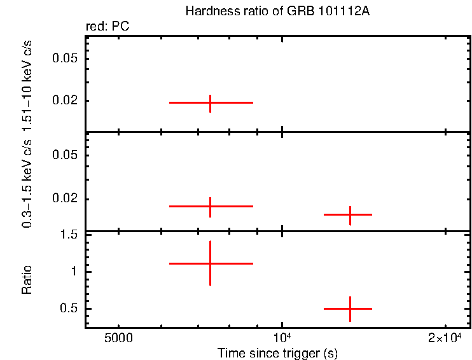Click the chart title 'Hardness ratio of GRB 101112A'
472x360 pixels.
tap(277, 12)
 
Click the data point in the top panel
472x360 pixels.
tap(210, 102)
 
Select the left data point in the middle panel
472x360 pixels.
tap(210, 207)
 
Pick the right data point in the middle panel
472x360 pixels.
tap(350, 215)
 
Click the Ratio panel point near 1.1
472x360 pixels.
tap(210, 263)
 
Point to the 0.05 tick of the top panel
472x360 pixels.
tap(67, 59)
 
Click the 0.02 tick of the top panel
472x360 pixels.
tap(67, 100)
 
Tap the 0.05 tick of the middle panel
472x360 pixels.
tap(67, 155)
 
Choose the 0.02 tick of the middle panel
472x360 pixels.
tap(67, 198)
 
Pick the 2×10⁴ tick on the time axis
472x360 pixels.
tap(444, 338)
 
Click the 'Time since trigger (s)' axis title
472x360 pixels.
tap(277, 352)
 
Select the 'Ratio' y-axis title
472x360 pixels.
tap(27, 280)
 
